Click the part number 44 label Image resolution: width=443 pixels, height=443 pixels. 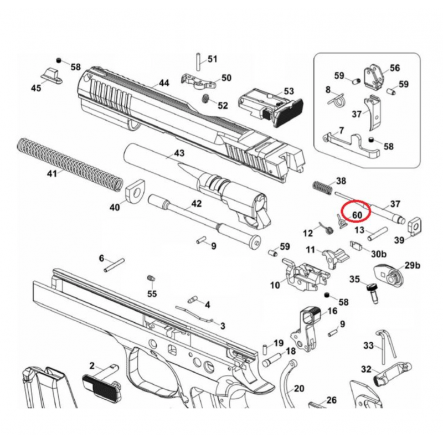pos(163,83)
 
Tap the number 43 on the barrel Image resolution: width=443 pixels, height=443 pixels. pos(179,153)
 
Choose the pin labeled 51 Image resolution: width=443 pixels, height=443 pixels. pos(198,58)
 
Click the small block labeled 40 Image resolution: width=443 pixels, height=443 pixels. pos(134,192)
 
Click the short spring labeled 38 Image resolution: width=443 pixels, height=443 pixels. pos(322,187)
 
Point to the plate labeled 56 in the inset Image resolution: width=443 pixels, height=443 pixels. pos(372,76)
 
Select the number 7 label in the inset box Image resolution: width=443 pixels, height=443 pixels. pos(341,131)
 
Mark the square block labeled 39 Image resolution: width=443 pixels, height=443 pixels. pos(415,224)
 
